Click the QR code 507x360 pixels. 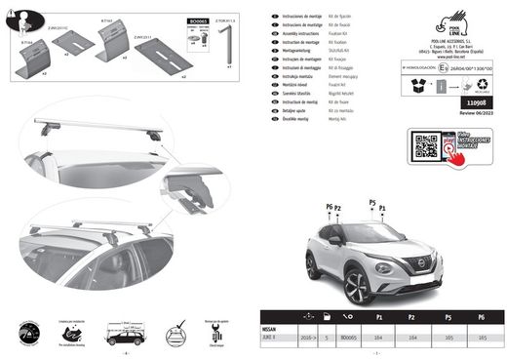[426, 146]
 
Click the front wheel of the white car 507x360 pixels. [356, 287]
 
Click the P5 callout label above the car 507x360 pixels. [370, 203]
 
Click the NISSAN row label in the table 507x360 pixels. [267, 331]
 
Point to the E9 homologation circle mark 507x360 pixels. [401, 70]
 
